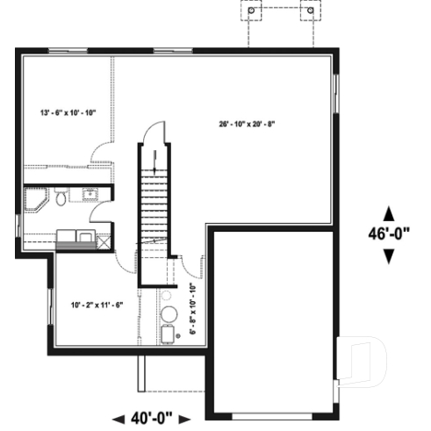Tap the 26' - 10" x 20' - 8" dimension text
(247, 123)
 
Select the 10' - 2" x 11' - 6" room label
(97, 305)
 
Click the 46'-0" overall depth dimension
(391, 234)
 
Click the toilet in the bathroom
(60, 198)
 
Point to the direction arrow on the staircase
(155, 160)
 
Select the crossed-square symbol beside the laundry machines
(105, 235)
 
